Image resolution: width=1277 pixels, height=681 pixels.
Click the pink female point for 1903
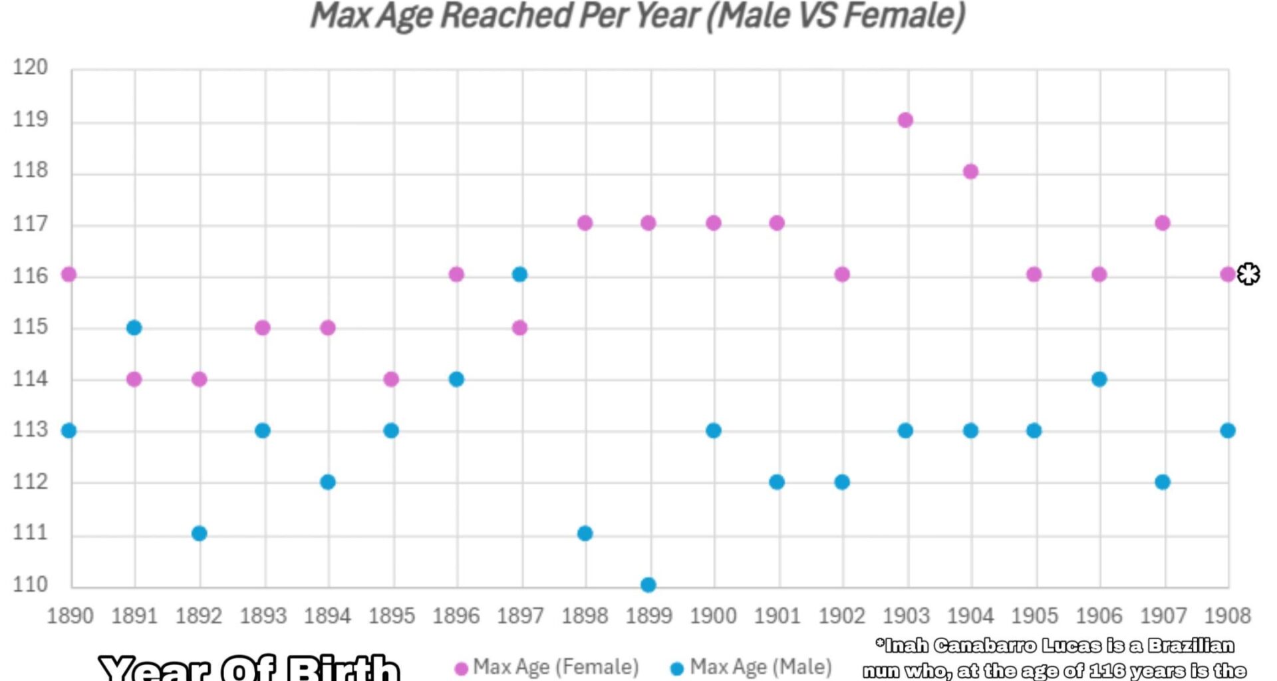[905, 120]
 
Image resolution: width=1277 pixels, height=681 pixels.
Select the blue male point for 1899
[648, 585]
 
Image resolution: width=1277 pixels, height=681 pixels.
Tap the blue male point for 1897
[520, 274]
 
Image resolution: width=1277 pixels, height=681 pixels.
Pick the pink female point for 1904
[970, 172]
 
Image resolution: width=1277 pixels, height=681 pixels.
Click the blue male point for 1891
[134, 327]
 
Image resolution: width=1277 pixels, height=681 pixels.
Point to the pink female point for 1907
[1163, 223]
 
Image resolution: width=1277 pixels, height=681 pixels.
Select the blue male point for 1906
[1099, 379]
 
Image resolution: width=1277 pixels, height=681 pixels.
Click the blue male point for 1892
[200, 533]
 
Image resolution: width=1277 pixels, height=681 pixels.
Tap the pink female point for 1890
[69, 274]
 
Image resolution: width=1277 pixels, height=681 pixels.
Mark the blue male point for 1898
[585, 533]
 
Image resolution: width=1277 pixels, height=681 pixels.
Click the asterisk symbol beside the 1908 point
[1248, 274]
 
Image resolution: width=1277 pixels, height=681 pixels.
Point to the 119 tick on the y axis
[31, 120]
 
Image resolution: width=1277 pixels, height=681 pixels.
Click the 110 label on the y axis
[31, 585]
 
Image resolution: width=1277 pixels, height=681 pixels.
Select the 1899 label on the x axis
[648, 616]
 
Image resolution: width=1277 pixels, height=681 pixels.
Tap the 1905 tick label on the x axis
[1034, 616]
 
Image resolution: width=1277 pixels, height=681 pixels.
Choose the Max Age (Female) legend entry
[547, 667]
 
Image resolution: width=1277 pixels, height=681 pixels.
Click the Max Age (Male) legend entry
[752, 667]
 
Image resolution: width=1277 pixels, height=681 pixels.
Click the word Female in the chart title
[903, 16]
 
